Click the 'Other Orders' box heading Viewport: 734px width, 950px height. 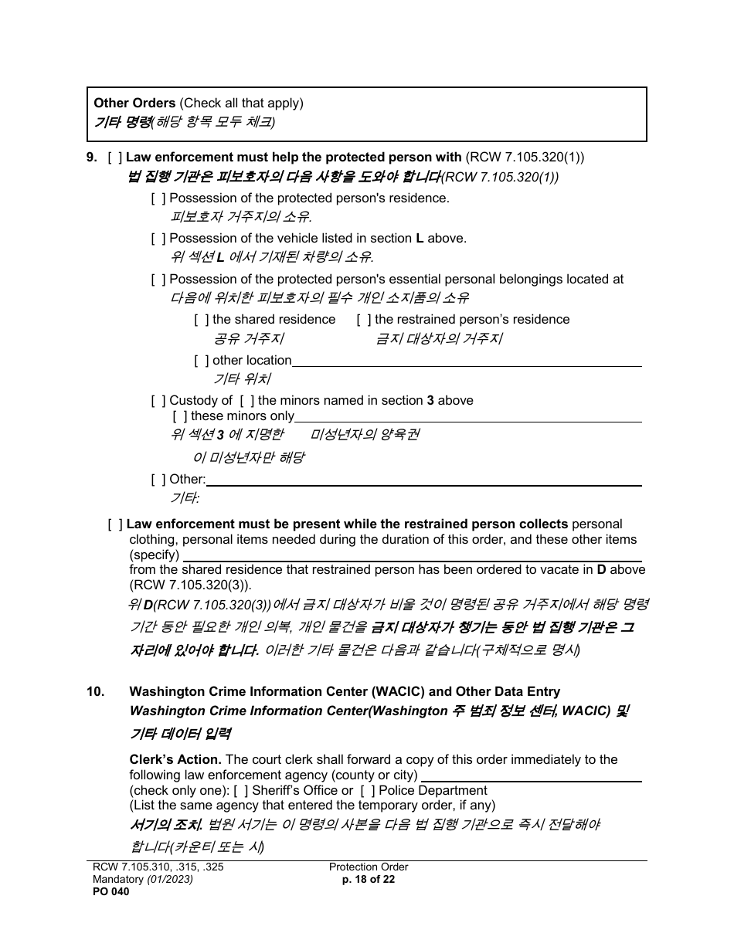(x=134, y=103)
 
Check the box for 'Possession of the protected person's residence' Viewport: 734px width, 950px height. (x=158, y=198)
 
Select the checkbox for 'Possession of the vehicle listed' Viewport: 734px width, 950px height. (x=158, y=239)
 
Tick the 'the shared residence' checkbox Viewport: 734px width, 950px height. (x=202, y=320)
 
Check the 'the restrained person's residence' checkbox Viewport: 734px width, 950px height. (x=364, y=320)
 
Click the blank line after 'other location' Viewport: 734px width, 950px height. (x=467, y=361)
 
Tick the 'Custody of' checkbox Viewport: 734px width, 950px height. (x=158, y=401)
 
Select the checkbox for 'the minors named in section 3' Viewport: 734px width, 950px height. (x=247, y=401)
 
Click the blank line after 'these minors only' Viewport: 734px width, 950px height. (x=468, y=417)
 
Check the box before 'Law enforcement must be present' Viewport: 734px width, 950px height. (x=116, y=525)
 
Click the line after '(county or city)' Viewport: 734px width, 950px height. (x=531, y=776)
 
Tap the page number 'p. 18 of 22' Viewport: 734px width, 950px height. (x=369, y=879)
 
